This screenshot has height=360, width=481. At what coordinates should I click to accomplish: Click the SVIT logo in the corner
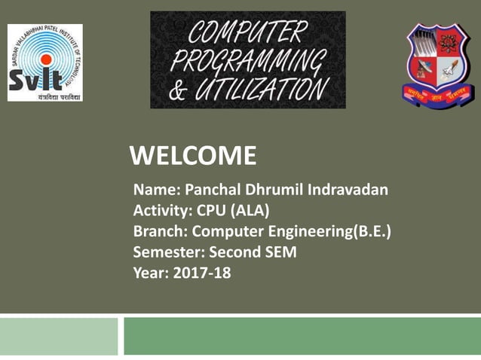pyautogui.click(x=44, y=63)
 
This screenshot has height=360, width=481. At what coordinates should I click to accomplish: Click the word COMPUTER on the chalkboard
pyautogui.click(x=248, y=32)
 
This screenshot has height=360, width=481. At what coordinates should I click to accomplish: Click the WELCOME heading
pyautogui.click(x=193, y=156)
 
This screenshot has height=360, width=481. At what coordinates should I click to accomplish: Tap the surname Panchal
pyautogui.click(x=205, y=190)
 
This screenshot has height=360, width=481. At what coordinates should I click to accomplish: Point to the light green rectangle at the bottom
pyautogui.click(x=59, y=336)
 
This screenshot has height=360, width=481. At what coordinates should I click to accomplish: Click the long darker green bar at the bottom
pyautogui.click(x=302, y=336)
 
